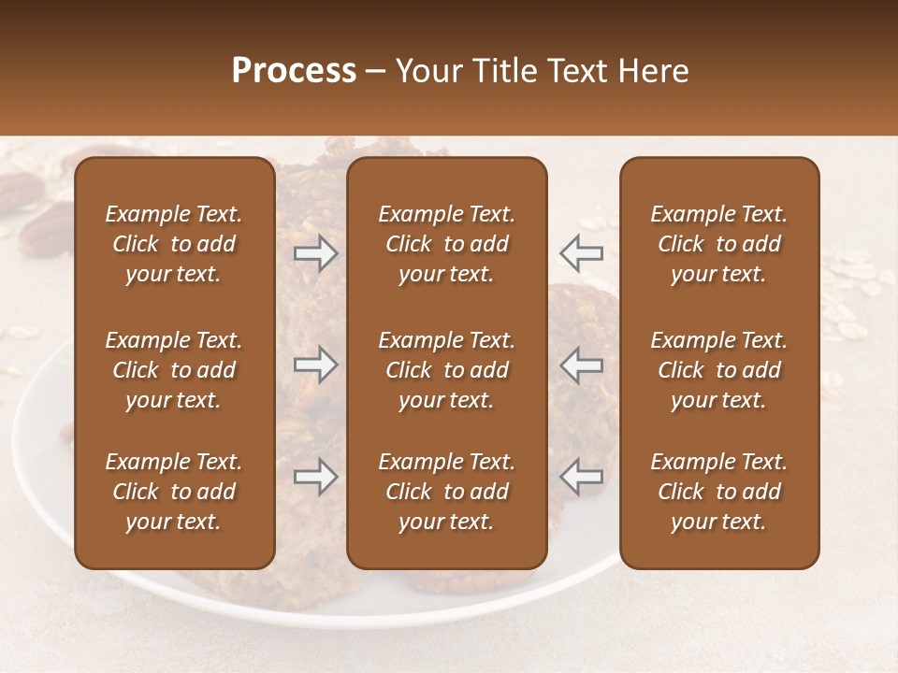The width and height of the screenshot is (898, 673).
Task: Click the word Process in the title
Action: pyautogui.click(x=294, y=71)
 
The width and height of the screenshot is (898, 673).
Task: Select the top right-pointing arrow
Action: pyautogui.click(x=316, y=253)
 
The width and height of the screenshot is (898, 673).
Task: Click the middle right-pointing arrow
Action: pyautogui.click(x=316, y=365)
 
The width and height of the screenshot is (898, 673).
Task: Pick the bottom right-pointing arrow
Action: pyautogui.click(x=316, y=477)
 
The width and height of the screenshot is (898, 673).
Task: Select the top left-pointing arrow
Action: pyautogui.click(x=582, y=253)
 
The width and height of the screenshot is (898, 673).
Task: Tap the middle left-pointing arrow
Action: pyautogui.click(x=582, y=365)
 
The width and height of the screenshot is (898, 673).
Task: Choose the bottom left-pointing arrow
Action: pyautogui.click(x=582, y=477)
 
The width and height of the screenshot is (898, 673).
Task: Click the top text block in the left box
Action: pyautogui.click(x=174, y=244)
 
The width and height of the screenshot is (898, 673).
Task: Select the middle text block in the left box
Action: pyautogui.click(x=174, y=370)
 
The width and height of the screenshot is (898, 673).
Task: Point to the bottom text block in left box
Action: pyautogui.click(x=174, y=492)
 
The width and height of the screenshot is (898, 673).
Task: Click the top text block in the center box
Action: pyautogui.click(x=446, y=244)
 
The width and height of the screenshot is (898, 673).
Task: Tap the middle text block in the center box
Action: pyautogui.click(x=446, y=370)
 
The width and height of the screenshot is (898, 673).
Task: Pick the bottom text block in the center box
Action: pyautogui.click(x=446, y=492)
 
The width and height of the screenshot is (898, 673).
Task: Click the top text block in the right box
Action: pyautogui.click(x=718, y=244)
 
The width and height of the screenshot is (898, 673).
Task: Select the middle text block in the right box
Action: pyautogui.click(x=718, y=370)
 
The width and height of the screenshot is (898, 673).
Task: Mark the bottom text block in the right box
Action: pyautogui.click(x=718, y=492)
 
